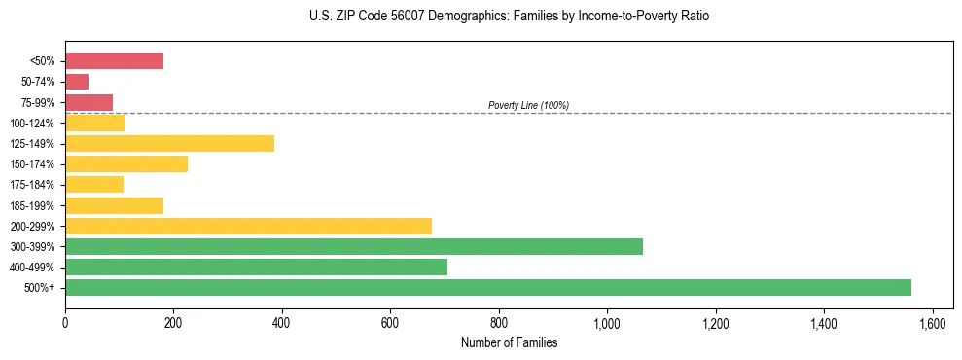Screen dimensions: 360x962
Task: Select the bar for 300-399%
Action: pos(354,246)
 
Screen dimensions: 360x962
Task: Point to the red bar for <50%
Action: pos(114,61)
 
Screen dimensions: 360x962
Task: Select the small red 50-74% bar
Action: pos(77,82)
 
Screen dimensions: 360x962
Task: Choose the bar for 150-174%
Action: pos(126,164)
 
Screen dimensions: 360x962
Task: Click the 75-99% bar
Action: pos(89,102)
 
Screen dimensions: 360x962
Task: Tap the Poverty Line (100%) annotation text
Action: pos(528,105)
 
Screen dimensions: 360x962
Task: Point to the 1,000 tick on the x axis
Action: pos(607,322)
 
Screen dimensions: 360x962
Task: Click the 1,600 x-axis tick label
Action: pos(932,322)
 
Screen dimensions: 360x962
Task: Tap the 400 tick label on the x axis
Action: pos(282,322)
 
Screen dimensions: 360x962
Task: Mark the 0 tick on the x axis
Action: pos(65,322)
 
